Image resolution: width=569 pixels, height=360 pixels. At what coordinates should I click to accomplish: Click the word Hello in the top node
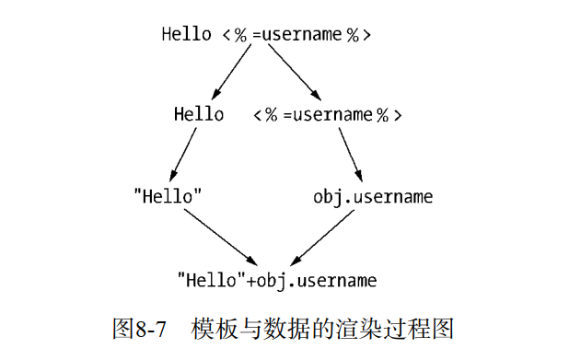(x=187, y=35)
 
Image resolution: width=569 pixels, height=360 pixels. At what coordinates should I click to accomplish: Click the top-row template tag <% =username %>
(x=296, y=35)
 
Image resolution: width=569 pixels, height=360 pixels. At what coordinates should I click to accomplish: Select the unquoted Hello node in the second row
(x=199, y=115)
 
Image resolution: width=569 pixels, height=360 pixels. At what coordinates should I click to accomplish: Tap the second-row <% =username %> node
(x=328, y=115)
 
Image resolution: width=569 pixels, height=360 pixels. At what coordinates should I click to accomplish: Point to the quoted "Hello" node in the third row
(x=168, y=196)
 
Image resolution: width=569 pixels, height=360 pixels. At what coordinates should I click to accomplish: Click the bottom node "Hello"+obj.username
(x=277, y=277)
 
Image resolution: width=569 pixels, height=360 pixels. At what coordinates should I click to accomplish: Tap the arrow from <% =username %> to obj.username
(x=351, y=154)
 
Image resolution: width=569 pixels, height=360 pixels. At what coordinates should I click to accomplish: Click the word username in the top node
(x=305, y=35)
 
